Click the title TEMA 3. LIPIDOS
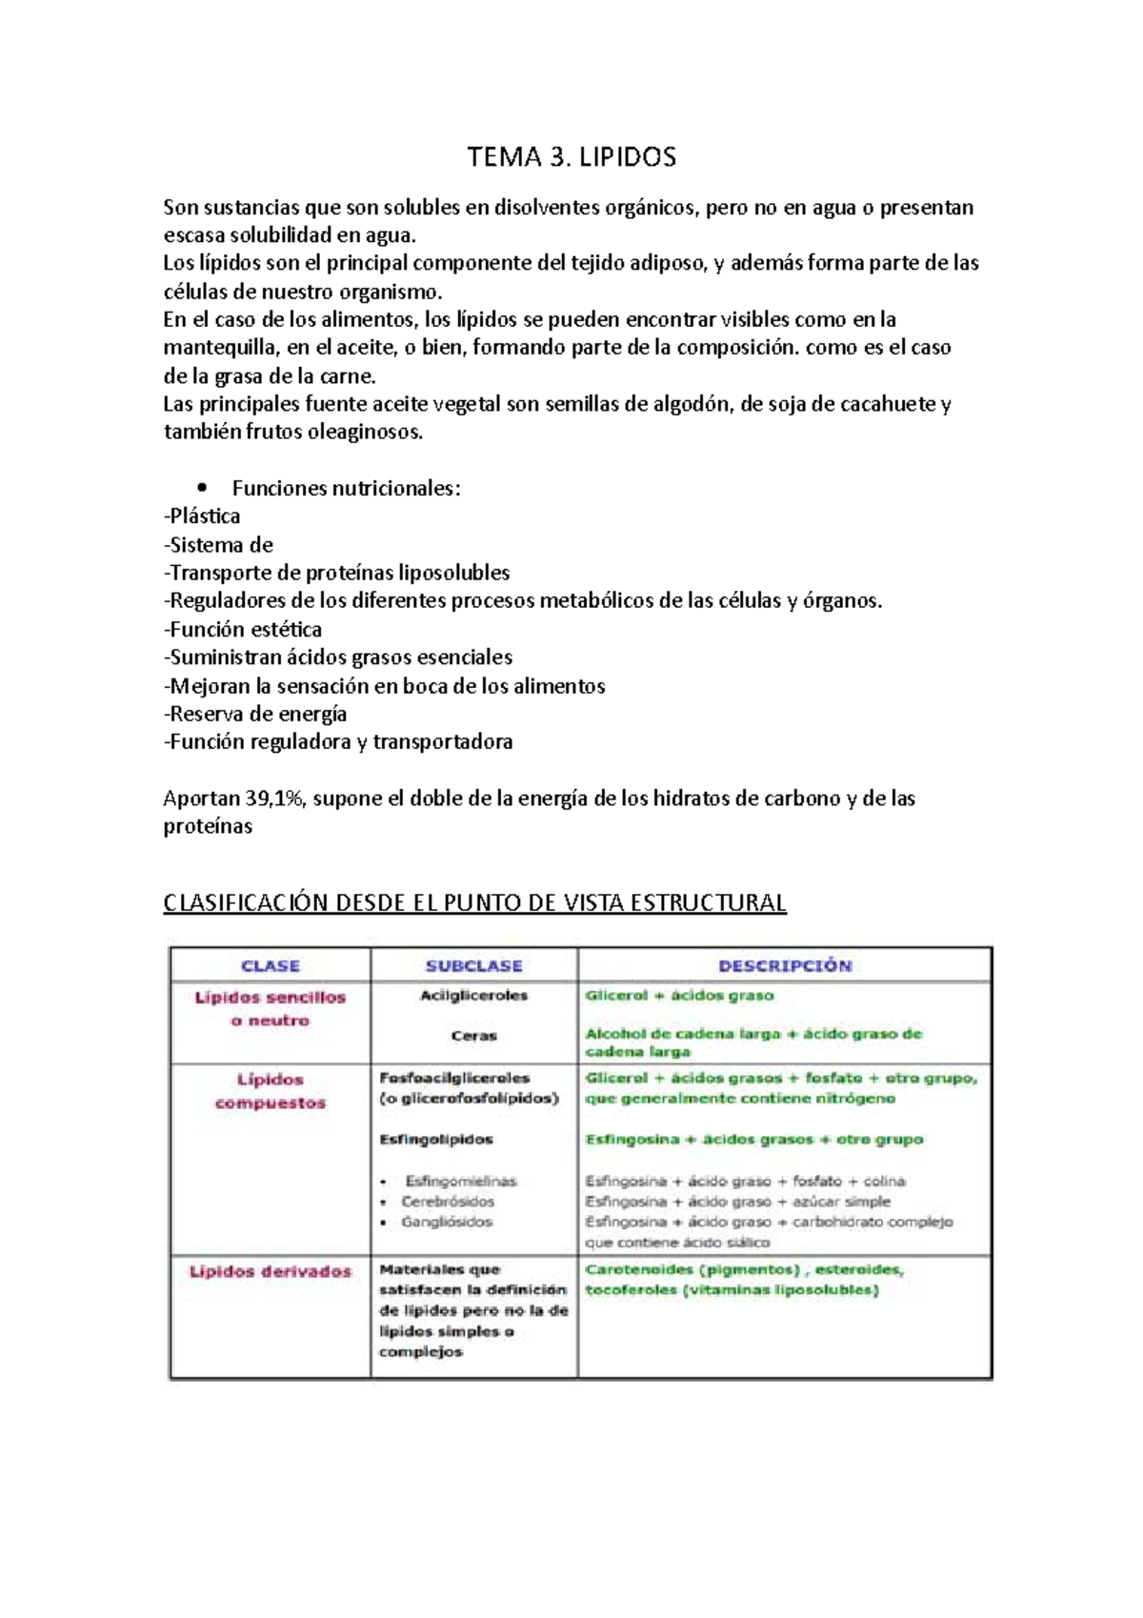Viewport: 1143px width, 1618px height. (571, 157)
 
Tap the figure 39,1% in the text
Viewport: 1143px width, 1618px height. (272, 799)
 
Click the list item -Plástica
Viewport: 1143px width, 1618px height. (202, 516)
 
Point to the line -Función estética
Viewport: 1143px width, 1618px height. (243, 630)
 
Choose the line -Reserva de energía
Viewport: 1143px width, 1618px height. (255, 715)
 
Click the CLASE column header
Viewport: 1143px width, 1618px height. (271, 965)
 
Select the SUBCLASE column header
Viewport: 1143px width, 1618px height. (473, 965)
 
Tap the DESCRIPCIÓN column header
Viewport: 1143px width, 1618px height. (785, 965)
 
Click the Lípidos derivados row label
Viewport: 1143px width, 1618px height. (271, 1271)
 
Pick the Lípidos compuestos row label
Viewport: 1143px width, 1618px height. (271, 1091)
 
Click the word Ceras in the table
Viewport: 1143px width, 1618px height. (473, 1036)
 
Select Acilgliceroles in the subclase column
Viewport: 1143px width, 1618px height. (473, 996)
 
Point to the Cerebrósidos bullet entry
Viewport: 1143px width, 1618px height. (448, 1202)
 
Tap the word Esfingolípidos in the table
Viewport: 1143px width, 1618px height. (436, 1140)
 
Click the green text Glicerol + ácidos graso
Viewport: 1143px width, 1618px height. (679, 996)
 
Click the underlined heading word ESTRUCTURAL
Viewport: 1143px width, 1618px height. (709, 902)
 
